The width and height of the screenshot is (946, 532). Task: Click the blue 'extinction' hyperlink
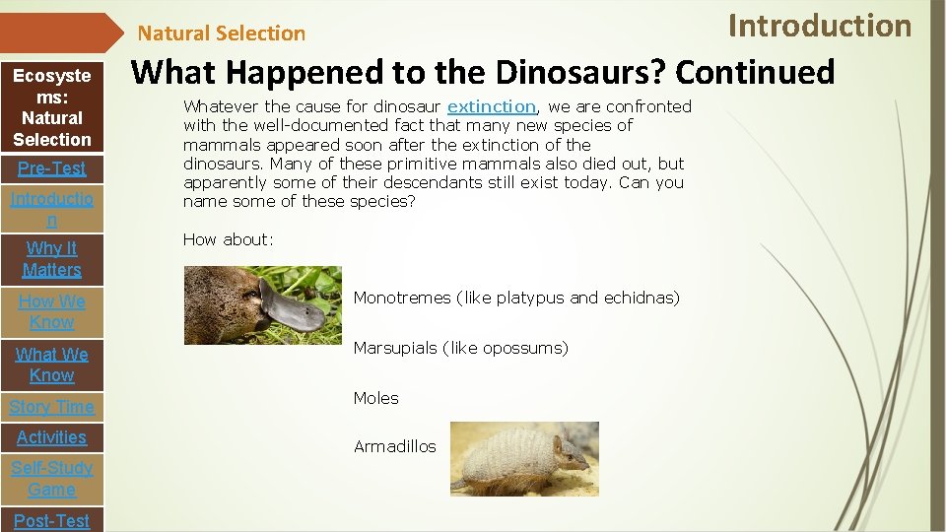(492, 106)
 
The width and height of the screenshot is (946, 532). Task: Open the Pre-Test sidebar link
(52, 168)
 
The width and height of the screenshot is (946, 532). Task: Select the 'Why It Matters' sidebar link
(52, 259)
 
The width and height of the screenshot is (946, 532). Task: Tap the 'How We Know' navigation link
(52, 311)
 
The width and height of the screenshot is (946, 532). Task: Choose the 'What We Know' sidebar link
(52, 365)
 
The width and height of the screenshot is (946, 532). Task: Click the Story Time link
(52, 407)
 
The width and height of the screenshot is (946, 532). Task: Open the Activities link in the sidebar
(52, 437)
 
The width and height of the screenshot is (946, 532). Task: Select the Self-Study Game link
(52, 479)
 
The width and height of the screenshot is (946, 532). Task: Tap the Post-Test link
(52, 520)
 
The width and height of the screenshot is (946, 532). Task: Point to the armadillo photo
(524, 458)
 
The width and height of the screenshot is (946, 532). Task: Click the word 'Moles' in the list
(376, 398)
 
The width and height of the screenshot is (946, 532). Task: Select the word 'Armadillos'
(394, 446)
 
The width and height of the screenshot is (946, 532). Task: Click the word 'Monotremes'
(402, 298)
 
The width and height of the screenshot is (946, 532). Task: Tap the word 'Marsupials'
(395, 348)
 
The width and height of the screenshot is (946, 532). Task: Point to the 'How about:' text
(229, 239)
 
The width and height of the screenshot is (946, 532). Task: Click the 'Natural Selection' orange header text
(222, 33)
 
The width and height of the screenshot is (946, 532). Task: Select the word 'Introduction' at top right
(820, 25)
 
